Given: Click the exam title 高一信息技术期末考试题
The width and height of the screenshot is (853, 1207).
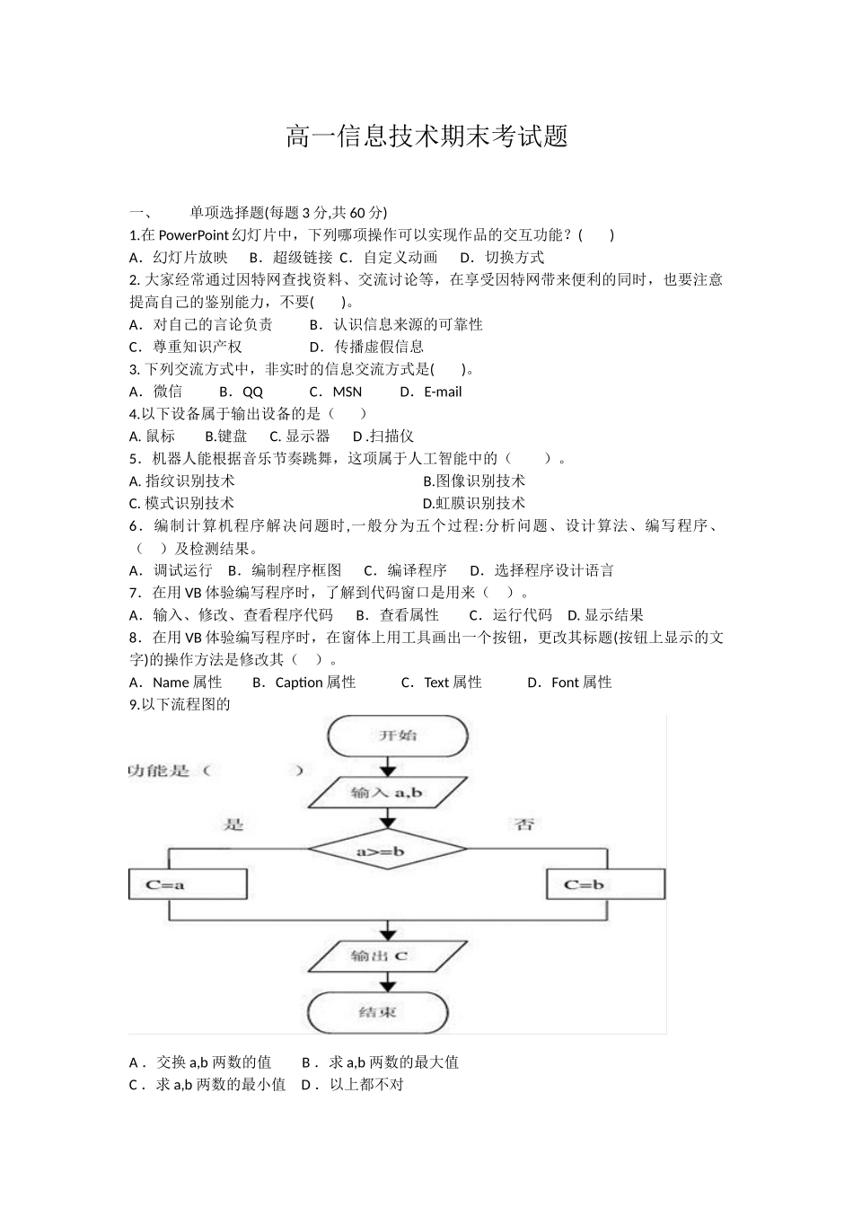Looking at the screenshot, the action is [426, 137].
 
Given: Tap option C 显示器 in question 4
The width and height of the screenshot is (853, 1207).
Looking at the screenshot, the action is [300, 436].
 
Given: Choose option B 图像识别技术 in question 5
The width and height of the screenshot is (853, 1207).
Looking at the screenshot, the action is [474, 481].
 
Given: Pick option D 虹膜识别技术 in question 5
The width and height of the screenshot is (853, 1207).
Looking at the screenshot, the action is [474, 504].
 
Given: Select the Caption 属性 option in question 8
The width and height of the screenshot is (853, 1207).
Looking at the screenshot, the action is [305, 683].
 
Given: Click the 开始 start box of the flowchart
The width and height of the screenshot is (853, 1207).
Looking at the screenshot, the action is [397, 736].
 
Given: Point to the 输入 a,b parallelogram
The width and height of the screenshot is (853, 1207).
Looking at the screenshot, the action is [388, 792].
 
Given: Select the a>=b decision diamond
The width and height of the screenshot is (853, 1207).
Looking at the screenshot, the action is [387, 850].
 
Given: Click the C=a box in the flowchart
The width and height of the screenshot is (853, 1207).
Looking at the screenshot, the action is [188, 885].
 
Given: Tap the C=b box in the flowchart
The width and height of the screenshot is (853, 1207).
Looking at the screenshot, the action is [585, 885].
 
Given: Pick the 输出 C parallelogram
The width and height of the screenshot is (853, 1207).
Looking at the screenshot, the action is [388, 956].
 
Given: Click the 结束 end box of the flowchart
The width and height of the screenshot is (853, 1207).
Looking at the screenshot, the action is [378, 1012].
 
